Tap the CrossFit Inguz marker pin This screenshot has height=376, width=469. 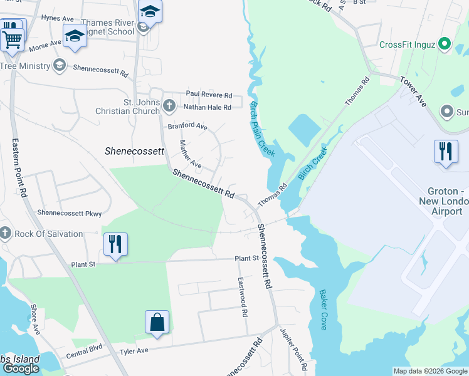(x=445, y=44)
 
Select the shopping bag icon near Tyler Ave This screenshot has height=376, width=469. (x=157, y=323)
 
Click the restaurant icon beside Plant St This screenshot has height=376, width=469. (x=115, y=244)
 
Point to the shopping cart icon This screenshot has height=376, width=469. (x=12, y=38)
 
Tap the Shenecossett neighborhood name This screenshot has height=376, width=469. (x=134, y=151)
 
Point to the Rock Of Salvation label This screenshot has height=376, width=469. (x=48, y=234)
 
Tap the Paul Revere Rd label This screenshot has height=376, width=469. (x=209, y=95)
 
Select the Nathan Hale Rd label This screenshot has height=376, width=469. (x=208, y=107)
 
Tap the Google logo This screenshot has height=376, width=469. (x=21, y=369)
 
